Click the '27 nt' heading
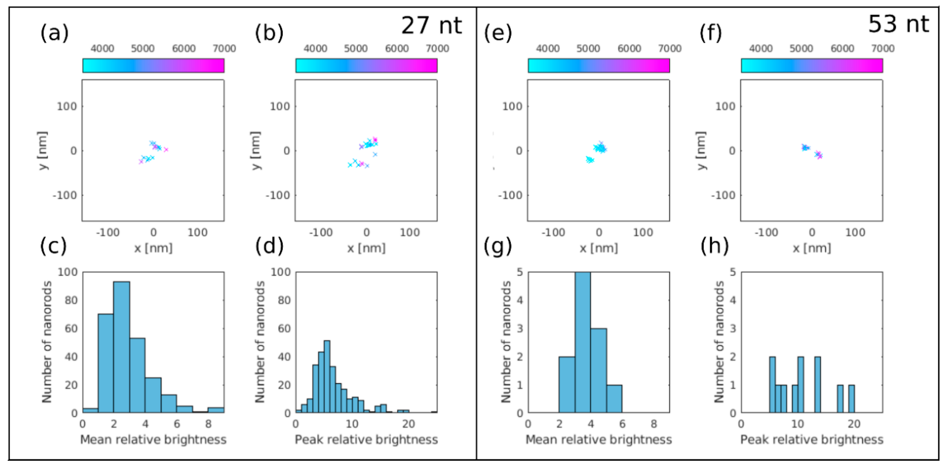431,26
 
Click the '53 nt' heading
898,24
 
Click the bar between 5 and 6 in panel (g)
614,398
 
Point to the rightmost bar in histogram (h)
851,398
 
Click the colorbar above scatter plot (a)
153,66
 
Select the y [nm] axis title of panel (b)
256,150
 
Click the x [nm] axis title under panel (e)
598,248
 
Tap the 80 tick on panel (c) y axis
71,300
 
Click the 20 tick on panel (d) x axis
408,424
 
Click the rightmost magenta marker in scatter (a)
166,149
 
